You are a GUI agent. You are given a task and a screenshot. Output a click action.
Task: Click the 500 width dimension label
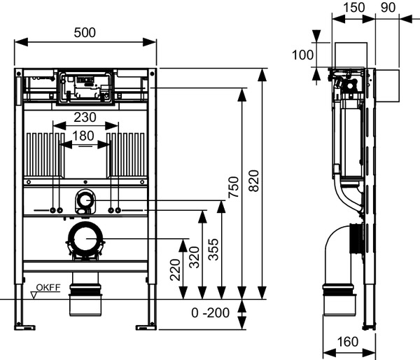pos(85,33)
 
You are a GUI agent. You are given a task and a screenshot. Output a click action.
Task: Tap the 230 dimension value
pos(85,118)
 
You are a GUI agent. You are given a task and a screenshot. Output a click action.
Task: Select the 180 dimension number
pos(85,135)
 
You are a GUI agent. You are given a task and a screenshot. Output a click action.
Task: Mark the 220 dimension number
pos(175,268)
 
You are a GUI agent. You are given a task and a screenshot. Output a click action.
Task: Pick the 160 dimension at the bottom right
pos(346,342)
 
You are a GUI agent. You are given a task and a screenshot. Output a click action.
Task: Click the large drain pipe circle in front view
pos(85,240)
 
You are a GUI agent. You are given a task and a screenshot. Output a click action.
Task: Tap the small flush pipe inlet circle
pos(85,202)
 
